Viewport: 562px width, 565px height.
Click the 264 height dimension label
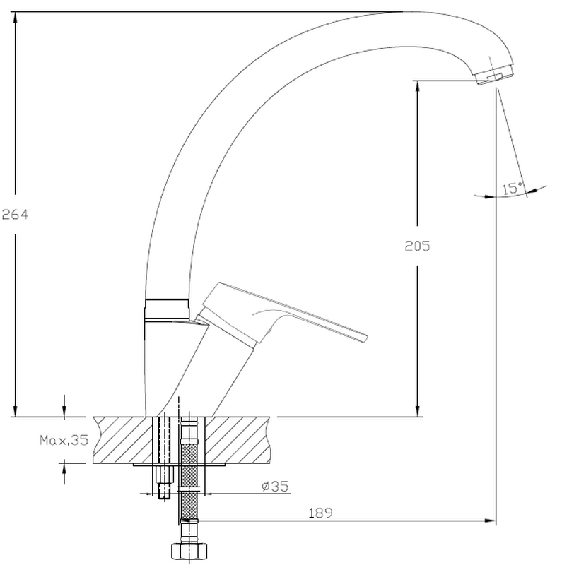[x=15, y=215]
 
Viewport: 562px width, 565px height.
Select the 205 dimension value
[x=417, y=246]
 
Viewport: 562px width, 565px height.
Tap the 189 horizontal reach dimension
[x=321, y=513]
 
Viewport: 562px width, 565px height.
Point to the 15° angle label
[x=513, y=188]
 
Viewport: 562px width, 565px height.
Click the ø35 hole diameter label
[x=275, y=486]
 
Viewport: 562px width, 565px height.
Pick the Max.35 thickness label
[x=64, y=440]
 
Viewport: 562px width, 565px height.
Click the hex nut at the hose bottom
[x=189, y=551]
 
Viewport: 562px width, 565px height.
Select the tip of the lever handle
[x=366, y=338]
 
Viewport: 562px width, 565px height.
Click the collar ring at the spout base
[x=167, y=309]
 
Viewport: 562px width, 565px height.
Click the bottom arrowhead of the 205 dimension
[x=417, y=411]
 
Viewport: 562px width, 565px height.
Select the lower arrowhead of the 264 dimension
[x=15, y=411]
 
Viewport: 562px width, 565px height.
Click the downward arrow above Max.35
[x=64, y=406]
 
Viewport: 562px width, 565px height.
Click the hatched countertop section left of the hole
[x=122, y=440]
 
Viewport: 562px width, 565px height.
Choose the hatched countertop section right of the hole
[x=238, y=440]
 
